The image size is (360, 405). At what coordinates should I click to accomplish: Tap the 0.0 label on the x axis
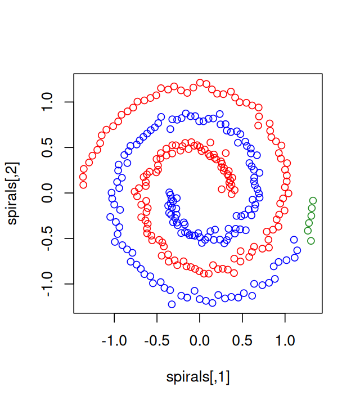[199, 341]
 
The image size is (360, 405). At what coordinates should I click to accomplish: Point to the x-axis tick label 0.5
[242, 341]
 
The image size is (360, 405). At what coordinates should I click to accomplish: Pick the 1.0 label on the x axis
[285, 341]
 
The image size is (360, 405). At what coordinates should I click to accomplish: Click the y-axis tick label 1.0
[47, 102]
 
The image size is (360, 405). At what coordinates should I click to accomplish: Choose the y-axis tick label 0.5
[47, 147]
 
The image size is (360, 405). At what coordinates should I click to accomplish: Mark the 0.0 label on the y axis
[47, 193]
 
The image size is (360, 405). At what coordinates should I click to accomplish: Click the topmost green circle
[313, 201]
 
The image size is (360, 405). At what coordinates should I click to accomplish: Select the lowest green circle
[311, 241]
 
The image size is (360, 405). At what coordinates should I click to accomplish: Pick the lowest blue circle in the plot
[172, 304]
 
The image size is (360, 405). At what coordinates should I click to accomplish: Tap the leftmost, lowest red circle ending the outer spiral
[83, 184]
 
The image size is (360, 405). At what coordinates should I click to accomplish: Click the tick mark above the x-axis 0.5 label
[242, 317]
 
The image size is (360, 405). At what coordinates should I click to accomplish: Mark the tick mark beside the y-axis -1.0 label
[70, 284]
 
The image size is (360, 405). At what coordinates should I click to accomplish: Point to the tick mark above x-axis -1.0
[115, 317]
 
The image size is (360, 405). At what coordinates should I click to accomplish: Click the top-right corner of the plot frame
[323, 73]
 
